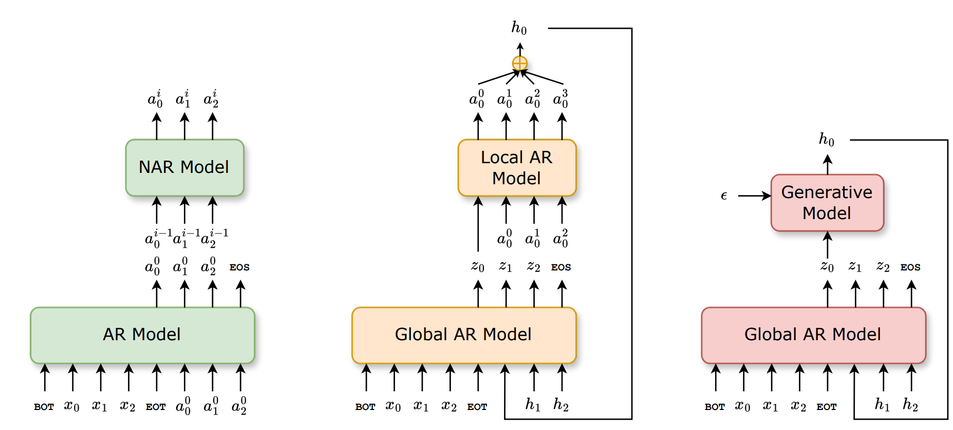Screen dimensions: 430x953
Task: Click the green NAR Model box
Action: pyautogui.click(x=184, y=167)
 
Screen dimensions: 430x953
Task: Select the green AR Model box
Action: pyautogui.click(x=142, y=335)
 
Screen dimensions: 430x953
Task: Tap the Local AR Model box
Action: pyautogui.click(x=517, y=168)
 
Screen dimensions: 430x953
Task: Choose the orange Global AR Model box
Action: pyautogui.click(x=463, y=335)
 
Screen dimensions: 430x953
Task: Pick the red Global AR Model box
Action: pyautogui.click(x=813, y=335)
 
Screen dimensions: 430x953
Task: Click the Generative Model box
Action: pyautogui.click(x=827, y=203)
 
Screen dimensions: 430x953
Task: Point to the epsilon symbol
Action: pyautogui.click(x=724, y=196)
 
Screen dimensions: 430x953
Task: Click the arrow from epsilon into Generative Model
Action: pyautogui.click(x=754, y=196)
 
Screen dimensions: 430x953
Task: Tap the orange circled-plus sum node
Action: pyautogui.click(x=520, y=64)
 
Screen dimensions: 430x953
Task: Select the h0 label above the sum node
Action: pyautogui.click(x=519, y=28)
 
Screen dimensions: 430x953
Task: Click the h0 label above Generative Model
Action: pyautogui.click(x=827, y=140)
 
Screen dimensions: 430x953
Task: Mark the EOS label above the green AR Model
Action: pyautogui.click(x=239, y=267)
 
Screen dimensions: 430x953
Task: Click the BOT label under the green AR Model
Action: pyautogui.click(x=44, y=407)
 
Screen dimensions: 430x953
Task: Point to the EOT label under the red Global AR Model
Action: pyautogui.click(x=827, y=407)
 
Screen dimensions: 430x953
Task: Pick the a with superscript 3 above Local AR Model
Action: pyautogui.click(x=561, y=99)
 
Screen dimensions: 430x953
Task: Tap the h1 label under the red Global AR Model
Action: pyautogui.click(x=882, y=405)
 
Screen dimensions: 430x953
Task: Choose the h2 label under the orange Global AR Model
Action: pyautogui.click(x=561, y=405)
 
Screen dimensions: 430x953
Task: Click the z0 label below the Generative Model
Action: pyautogui.click(x=827, y=267)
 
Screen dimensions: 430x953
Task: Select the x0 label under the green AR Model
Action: pyautogui.click(x=72, y=406)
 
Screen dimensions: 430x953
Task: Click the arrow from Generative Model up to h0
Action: pyautogui.click(x=827, y=165)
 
